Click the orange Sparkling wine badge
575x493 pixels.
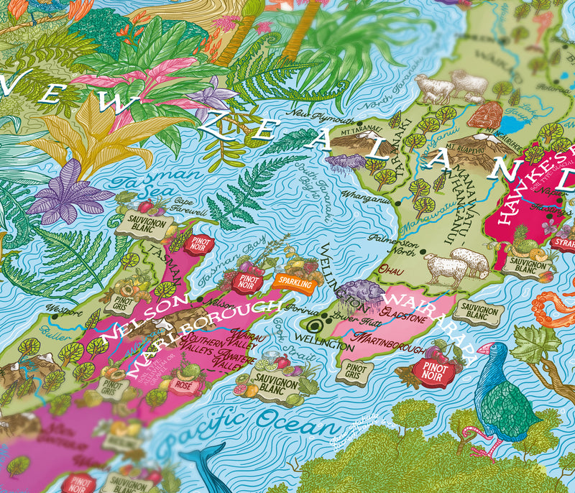(295, 284)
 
